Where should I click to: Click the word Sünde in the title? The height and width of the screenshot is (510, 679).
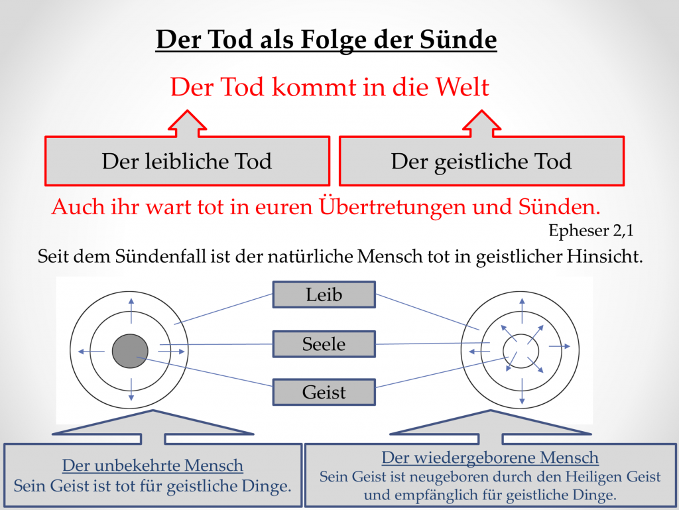[x=458, y=39]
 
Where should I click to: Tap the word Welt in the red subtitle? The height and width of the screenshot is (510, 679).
[x=462, y=87]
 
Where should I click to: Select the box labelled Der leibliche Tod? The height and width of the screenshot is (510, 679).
[x=188, y=161]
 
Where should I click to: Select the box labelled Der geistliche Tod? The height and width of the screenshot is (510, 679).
[x=481, y=161]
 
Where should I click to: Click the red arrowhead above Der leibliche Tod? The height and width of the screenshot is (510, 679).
[x=187, y=121]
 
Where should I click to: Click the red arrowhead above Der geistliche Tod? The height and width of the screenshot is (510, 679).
[x=481, y=121]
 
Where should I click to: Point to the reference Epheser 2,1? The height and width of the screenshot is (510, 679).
[x=591, y=231]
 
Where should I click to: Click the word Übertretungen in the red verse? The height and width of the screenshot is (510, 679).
[x=393, y=207]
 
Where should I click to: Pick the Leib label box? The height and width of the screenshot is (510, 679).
[x=324, y=295]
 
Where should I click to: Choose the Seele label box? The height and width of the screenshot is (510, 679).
[x=324, y=344]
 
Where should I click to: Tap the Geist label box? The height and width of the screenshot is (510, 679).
[x=324, y=392]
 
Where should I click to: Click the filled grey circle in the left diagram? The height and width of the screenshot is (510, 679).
[x=130, y=351]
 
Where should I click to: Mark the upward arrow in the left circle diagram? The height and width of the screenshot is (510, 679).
[x=131, y=310]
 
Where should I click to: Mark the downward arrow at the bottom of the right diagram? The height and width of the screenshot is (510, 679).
[x=522, y=391]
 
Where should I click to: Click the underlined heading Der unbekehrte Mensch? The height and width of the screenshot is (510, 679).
[x=153, y=466]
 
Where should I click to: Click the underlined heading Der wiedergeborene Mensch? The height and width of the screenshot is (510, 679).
[x=490, y=458]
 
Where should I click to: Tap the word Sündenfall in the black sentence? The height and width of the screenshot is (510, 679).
[x=160, y=256]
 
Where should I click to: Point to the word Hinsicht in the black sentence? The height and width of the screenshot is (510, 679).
[x=605, y=256]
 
